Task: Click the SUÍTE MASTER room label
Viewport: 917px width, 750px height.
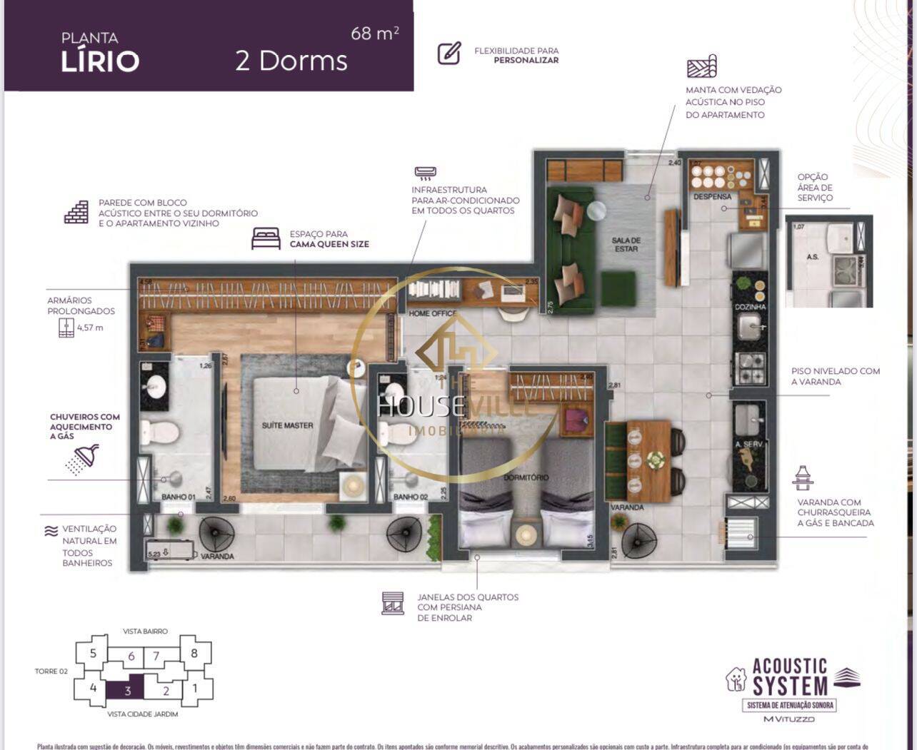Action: (287, 425)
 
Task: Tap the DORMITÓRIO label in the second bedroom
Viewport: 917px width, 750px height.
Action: (526, 477)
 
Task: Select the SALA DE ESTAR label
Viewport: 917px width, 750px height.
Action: (626, 244)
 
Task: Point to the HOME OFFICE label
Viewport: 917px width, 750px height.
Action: (433, 313)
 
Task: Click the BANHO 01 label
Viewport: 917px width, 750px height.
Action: (179, 497)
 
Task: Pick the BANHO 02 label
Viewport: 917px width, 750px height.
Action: (411, 497)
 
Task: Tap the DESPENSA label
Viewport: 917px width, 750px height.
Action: (712, 196)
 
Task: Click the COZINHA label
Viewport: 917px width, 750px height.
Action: (750, 307)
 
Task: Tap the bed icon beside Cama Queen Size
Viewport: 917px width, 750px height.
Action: (266, 238)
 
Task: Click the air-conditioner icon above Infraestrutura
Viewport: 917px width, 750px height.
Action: (425, 173)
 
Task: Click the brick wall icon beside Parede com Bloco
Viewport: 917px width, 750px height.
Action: (76, 212)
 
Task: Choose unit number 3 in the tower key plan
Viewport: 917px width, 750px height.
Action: (127, 690)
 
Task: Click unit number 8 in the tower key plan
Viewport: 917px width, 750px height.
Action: (193, 652)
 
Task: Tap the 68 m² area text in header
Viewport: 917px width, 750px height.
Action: (374, 34)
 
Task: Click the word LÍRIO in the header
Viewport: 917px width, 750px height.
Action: (100, 61)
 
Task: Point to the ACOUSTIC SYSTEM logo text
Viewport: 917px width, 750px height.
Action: (789, 677)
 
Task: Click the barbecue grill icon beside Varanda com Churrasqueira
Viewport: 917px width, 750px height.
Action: (803, 478)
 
